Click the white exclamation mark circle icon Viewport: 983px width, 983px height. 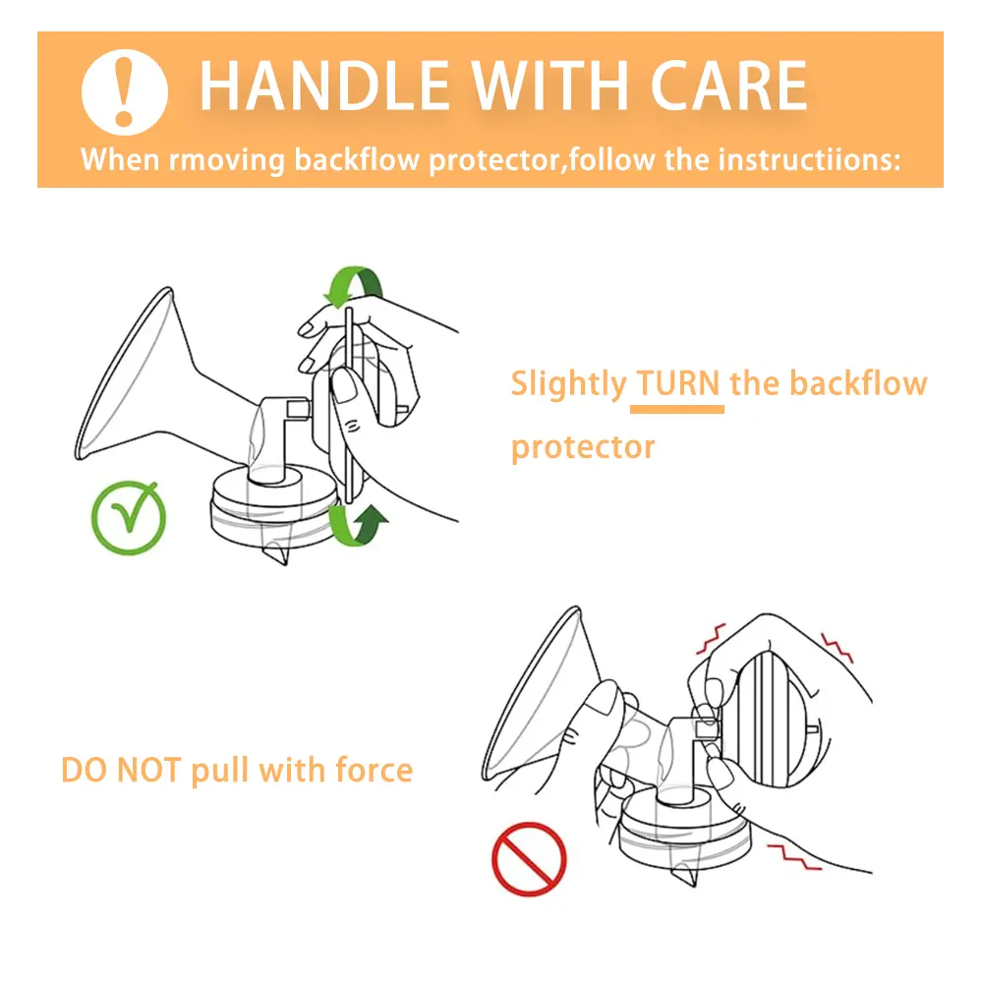click(125, 92)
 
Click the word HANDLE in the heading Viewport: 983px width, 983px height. click(324, 86)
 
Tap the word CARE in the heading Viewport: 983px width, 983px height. click(728, 86)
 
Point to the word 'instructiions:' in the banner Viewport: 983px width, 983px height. click(809, 159)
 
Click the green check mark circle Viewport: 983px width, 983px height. click(129, 518)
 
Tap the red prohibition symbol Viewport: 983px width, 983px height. click(529, 859)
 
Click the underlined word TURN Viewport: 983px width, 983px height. click(677, 383)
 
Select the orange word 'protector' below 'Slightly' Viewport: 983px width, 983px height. click(583, 447)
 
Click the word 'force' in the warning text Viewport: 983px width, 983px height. click(375, 770)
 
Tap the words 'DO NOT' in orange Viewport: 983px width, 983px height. click(121, 771)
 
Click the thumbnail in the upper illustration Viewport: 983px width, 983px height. click(342, 384)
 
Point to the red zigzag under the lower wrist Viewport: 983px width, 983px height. click(794, 856)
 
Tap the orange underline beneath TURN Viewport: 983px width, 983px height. click(677, 409)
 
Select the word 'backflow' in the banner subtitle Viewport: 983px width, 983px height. click(357, 159)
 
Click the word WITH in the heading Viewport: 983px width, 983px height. click(549, 86)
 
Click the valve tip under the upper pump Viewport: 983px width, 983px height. click(278, 554)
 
